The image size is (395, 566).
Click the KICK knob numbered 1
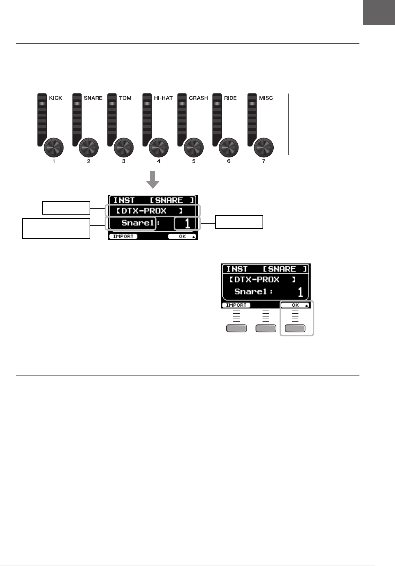point(54,148)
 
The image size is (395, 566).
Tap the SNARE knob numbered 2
point(89,148)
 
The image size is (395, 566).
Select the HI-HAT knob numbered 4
point(159,148)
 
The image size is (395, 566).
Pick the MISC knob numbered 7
point(264,148)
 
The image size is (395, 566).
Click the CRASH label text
point(198,98)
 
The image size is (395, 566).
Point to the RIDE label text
point(230,98)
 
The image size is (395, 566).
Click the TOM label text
point(125,98)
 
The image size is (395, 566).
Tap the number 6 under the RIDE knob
point(229,161)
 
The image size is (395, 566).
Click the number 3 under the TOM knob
point(124,161)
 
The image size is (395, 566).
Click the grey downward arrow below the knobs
point(153,180)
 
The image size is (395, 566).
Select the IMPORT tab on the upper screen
point(123,236)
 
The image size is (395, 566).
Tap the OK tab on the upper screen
point(182,236)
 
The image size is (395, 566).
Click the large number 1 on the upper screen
point(188,223)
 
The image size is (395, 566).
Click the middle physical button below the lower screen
point(266,328)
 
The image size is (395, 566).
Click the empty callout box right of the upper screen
point(239,222)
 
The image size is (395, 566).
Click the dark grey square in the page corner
point(379,12)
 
